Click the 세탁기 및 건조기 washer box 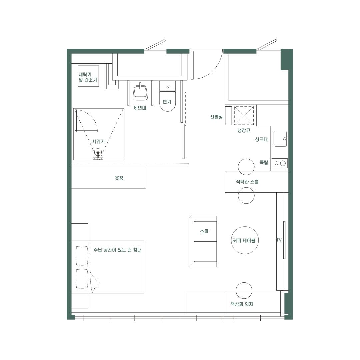click(88, 76)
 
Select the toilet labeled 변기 click(168, 96)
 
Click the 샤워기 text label click(98, 142)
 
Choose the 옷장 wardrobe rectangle click(109, 178)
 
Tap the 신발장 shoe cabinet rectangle click(228, 116)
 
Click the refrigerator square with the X click(244, 115)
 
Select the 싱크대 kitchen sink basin click(280, 139)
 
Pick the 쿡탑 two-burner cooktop click(280, 163)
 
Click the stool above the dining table click(246, 166)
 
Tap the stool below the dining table click(246, 195)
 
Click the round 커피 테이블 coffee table click(245, 240)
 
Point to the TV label click(279, 240)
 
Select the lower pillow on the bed click(82, 279)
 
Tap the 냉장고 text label click(244, 130)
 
